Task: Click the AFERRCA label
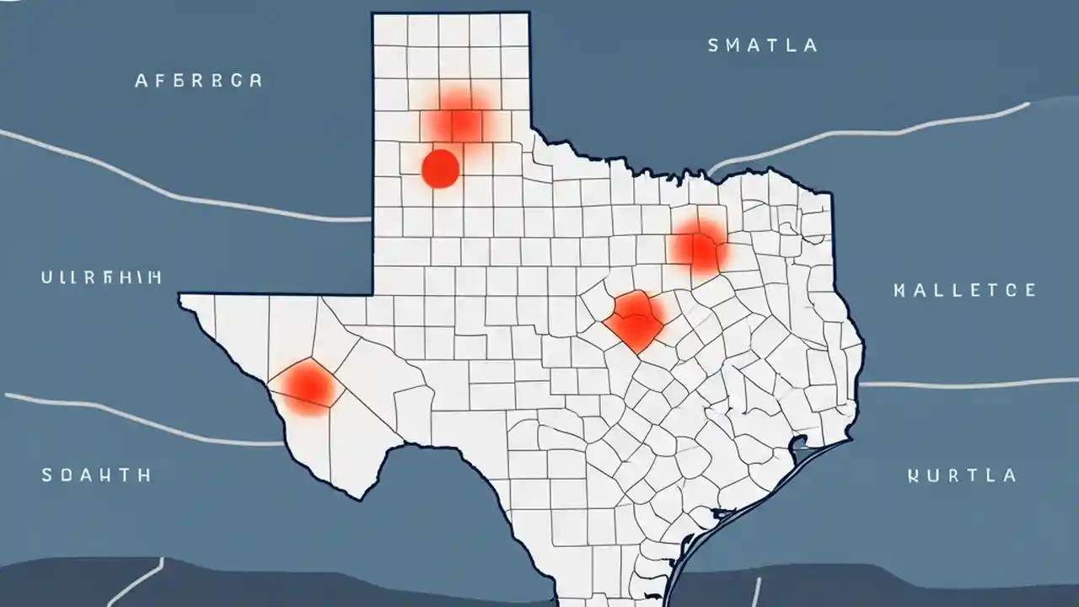click(x=198, y=81)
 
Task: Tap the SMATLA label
click(x=762, y=46)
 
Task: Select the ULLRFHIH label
click(x=101, y=277)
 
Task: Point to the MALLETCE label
click(x=964, y=291)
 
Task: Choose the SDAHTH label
click(x=96, y=475)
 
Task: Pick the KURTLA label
click(x=962, y=475)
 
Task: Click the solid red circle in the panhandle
click(x=440, y=168)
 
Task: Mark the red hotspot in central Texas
click(x=635, y=320)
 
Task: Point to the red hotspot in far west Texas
click(x=309, y=385)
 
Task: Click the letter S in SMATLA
click(x=713, y=46)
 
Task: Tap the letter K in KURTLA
click(x=913, y=475)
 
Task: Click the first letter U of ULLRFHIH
click(x=46, y=277)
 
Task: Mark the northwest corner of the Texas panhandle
click(x=373, y=13)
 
